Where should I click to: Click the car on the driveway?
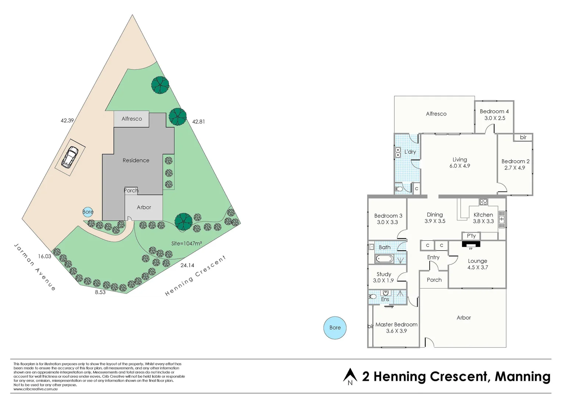[x=70, y=157]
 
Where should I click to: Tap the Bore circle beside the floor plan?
[x=335, y=328]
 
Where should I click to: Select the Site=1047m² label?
[x=186, y=243]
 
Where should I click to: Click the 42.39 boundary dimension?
[x=67, y=120]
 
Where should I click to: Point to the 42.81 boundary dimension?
[x=198, y=121]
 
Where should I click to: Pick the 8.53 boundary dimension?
[x=100, y=292]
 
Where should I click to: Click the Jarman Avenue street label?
[x=35, y=267]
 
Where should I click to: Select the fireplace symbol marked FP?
[x=471, y=245]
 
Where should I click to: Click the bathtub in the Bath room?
[x=384, y=259]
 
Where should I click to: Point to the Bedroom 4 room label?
[x=494, y=111]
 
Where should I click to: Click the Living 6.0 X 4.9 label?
[x=459, y=162]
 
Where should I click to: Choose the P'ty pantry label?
[x=471, y=236]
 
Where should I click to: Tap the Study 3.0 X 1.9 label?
[x=383, y=277]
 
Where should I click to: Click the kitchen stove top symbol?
[x=483, y=201]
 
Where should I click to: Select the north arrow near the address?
[x=350, y=376]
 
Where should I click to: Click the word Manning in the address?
[x=522, y=377]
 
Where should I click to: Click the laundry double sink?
[x=398, y=152]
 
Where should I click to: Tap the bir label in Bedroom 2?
[x=523, y=137]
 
